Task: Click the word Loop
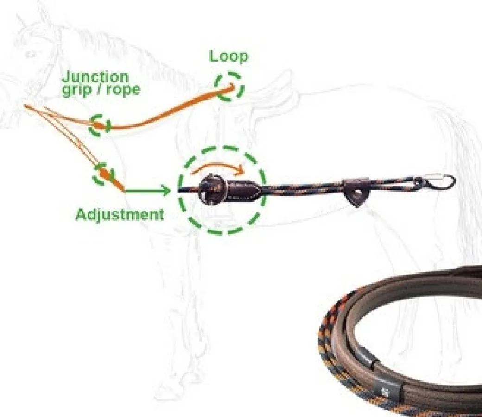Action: pos(228,56)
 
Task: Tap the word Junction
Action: pos(95,77)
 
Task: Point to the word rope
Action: pos(123,90)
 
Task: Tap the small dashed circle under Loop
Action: pos(229,87)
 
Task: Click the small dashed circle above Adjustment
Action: pos(104,174)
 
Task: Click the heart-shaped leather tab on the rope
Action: pos(356,193)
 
